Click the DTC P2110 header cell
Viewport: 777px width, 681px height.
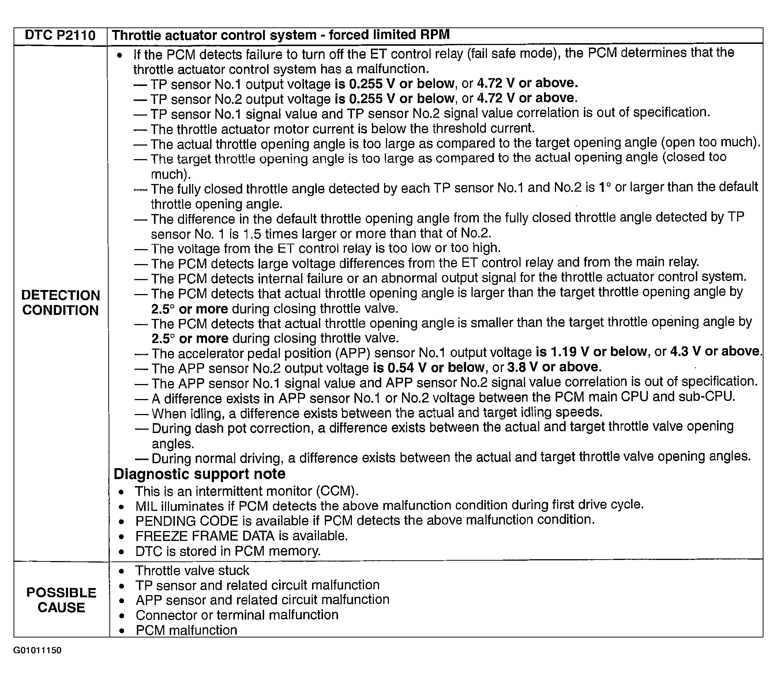pos(60,35)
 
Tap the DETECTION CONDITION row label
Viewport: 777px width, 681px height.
pos(60,303)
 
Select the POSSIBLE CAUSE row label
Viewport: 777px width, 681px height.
pos(61,600)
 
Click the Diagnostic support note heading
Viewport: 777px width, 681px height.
pos(200,474)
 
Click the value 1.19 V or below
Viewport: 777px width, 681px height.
pos(591,352)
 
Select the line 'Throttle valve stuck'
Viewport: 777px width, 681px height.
pos(192,571)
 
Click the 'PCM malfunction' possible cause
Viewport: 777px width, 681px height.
pos(186,630)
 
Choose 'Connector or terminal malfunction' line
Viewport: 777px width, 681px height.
pos(237,615)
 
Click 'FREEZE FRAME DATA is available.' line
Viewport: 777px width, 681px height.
pos(241,536)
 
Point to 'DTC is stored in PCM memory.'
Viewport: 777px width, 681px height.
pos(228,551)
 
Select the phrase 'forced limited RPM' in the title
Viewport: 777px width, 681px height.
pos(389,35)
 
